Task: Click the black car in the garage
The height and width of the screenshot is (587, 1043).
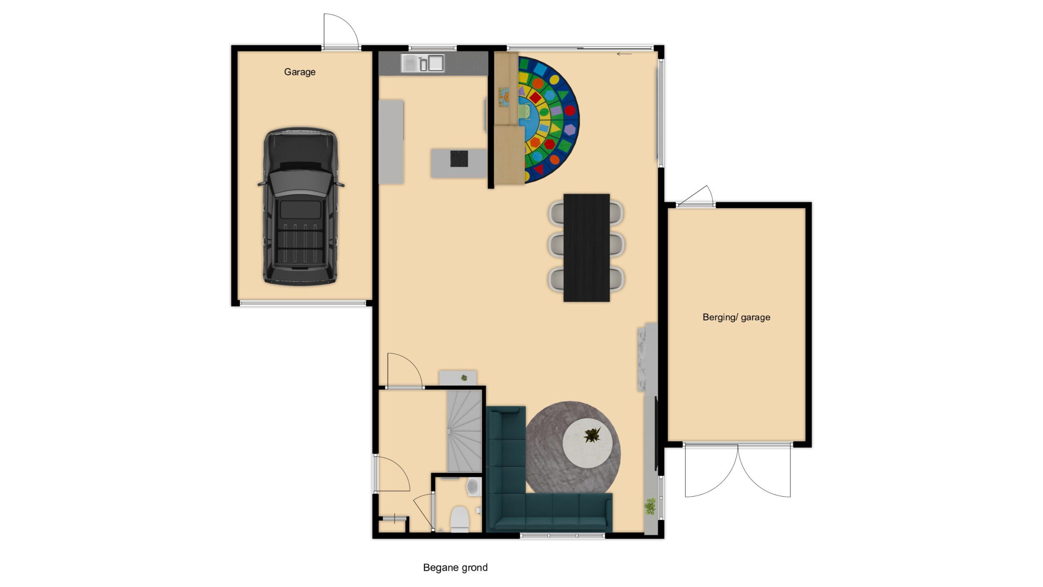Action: click(301, 206)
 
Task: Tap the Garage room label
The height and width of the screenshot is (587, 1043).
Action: click(300, 72)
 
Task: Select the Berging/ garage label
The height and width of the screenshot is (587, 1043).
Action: click(736, 317)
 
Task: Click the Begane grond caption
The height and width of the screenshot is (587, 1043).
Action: click(455, 567)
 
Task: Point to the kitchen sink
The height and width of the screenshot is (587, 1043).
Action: click(422, 63)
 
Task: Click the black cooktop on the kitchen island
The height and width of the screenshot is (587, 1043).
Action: click(459, 159)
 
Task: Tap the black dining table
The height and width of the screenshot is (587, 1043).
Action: click(586, 248)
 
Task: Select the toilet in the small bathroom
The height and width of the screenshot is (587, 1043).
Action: click(460, 519)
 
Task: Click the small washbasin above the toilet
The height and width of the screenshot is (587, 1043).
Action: click(474, 487)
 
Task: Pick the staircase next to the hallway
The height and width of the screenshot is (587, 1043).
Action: click(464, 431)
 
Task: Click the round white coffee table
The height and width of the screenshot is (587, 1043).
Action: click(587, 443)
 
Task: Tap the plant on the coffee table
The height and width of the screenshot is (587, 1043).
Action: click(592, 435)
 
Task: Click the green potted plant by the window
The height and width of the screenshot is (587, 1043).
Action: click(650, 506)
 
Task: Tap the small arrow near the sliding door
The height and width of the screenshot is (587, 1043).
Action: click(624, 54)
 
